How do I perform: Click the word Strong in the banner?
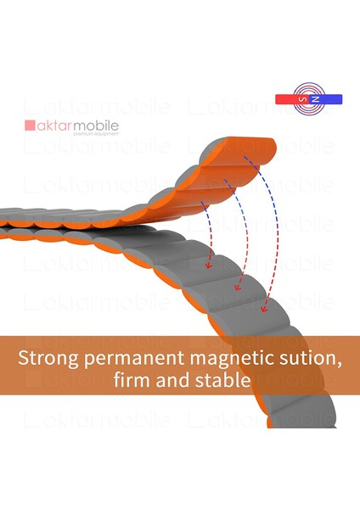[48, 358]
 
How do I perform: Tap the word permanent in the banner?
[134, 359]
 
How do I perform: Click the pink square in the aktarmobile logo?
[30, 126]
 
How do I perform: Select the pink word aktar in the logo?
[54, 126]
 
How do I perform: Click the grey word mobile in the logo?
[96, 126]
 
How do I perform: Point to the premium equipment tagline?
[96, 134]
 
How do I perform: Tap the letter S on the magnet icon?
[303, 99]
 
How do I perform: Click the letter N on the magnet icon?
[315, 99]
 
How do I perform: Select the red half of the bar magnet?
[292, 99]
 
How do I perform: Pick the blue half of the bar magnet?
[325, 99]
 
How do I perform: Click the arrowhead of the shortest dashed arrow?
[208, 266]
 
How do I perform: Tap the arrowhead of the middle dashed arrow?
[238, 288]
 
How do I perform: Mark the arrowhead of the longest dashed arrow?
[263, 309]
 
